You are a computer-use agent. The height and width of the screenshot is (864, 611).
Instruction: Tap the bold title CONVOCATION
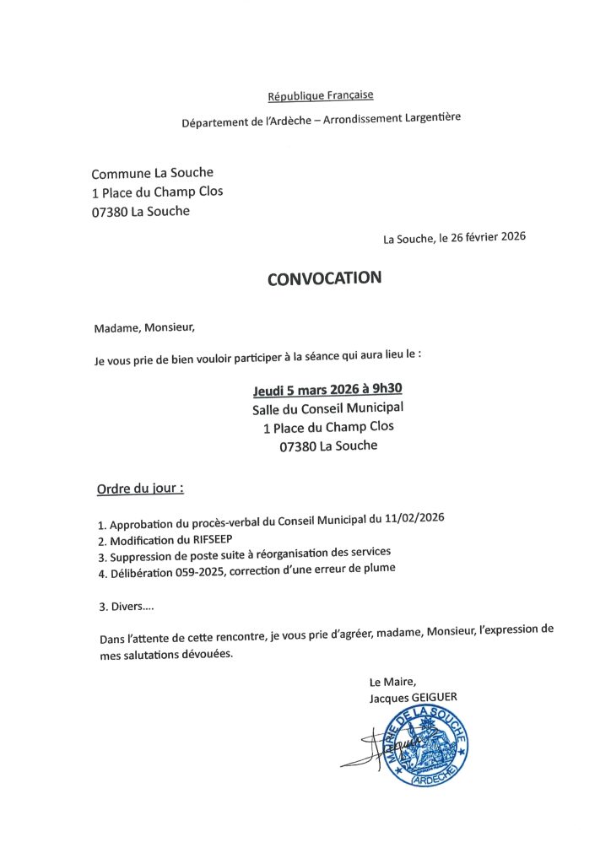click(324, 278)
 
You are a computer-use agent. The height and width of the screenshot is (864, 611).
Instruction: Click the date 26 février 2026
click(489, 237)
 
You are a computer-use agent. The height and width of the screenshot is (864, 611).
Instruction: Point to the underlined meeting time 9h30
click(387, 390)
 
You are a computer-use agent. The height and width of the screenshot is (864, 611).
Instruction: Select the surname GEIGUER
click(433, 698)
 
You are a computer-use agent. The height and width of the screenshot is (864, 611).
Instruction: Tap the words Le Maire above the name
click(392, 682)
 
